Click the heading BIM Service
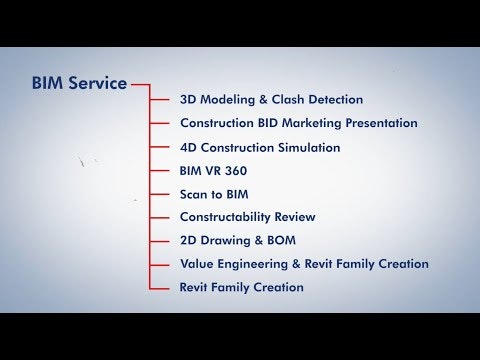(79, 84)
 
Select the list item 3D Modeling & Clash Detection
(271, 100)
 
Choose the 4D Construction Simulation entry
(260, 147)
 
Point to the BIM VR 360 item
(213, 171)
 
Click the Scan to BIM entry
(213, 194)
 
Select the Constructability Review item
(247, 217)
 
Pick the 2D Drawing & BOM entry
(237, 241)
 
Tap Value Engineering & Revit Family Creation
(304, 264)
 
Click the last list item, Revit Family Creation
(241, 287)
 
